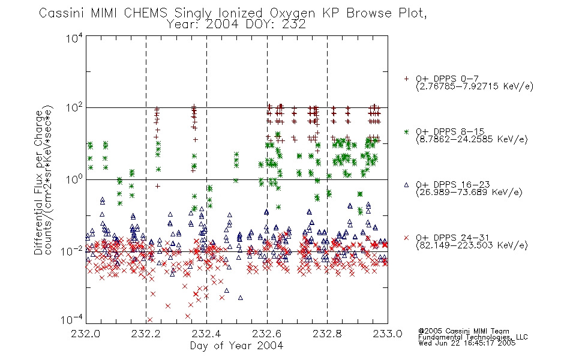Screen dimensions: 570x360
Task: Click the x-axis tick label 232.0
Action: (85, 334)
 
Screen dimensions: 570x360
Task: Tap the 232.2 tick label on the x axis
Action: (146, 334)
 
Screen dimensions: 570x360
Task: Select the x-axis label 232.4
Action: (206, 334)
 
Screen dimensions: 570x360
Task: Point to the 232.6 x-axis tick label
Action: (267, 334)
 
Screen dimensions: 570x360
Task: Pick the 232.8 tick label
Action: (327, 334)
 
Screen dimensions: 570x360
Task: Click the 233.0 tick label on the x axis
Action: (388, 334)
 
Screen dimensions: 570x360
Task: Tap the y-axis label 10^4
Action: (74, 38)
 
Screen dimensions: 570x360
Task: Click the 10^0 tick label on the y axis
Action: (74, 180)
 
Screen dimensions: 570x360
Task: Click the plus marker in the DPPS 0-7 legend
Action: (406, 79)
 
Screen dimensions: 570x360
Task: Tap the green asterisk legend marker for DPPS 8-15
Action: (406, 131)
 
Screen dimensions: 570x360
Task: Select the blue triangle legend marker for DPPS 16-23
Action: (406, 185)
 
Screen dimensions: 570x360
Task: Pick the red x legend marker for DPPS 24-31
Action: (406, 238)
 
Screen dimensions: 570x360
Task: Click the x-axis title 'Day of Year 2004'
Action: (236, 346)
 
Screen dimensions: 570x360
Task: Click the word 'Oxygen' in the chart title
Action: (292, 14)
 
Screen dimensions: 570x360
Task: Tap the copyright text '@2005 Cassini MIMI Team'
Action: (464, 331)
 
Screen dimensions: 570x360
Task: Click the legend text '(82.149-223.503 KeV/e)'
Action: (472, 245)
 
